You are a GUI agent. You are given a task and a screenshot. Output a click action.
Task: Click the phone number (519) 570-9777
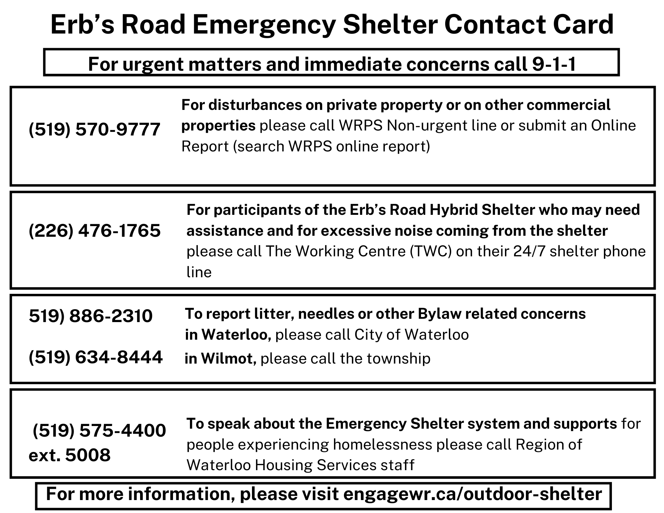point(95,129)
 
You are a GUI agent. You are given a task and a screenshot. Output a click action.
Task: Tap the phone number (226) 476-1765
point(95,231)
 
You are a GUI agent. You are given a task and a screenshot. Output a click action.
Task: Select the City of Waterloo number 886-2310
point(91,316)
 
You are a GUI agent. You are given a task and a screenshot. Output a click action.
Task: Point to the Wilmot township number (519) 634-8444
point(96,358)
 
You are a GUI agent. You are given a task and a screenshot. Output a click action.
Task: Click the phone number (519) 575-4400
point(99,431)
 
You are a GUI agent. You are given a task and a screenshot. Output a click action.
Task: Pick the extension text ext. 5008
point(70,455)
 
